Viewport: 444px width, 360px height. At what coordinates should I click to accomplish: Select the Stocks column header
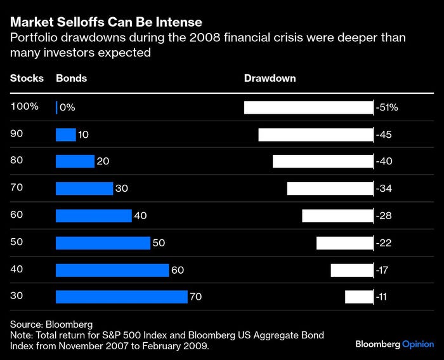tap(27, 79)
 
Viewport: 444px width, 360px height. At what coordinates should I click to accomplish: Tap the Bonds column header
tap(72, 79)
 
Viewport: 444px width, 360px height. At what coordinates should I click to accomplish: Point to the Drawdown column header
tap(270, 79)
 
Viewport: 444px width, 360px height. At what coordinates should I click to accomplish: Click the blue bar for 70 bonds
tap(122, 297)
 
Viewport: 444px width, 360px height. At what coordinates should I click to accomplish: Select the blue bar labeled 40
tap(94, 216)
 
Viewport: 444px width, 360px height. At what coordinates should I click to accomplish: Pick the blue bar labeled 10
tap(66, 135)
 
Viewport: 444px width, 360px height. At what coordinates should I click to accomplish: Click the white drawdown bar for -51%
tap(309, 107)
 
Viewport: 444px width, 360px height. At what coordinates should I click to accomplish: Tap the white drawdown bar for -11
tap(359, 297)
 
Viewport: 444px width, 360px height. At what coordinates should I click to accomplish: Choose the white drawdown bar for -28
tap(337, 216)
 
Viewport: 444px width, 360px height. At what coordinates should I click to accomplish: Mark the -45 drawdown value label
tap(385, 135)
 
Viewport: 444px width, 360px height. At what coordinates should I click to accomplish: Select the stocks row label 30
tap(17, 295)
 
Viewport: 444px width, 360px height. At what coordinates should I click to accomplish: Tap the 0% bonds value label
tap(67, 108)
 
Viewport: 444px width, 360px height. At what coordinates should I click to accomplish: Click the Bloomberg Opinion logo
tap(393, 343)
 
